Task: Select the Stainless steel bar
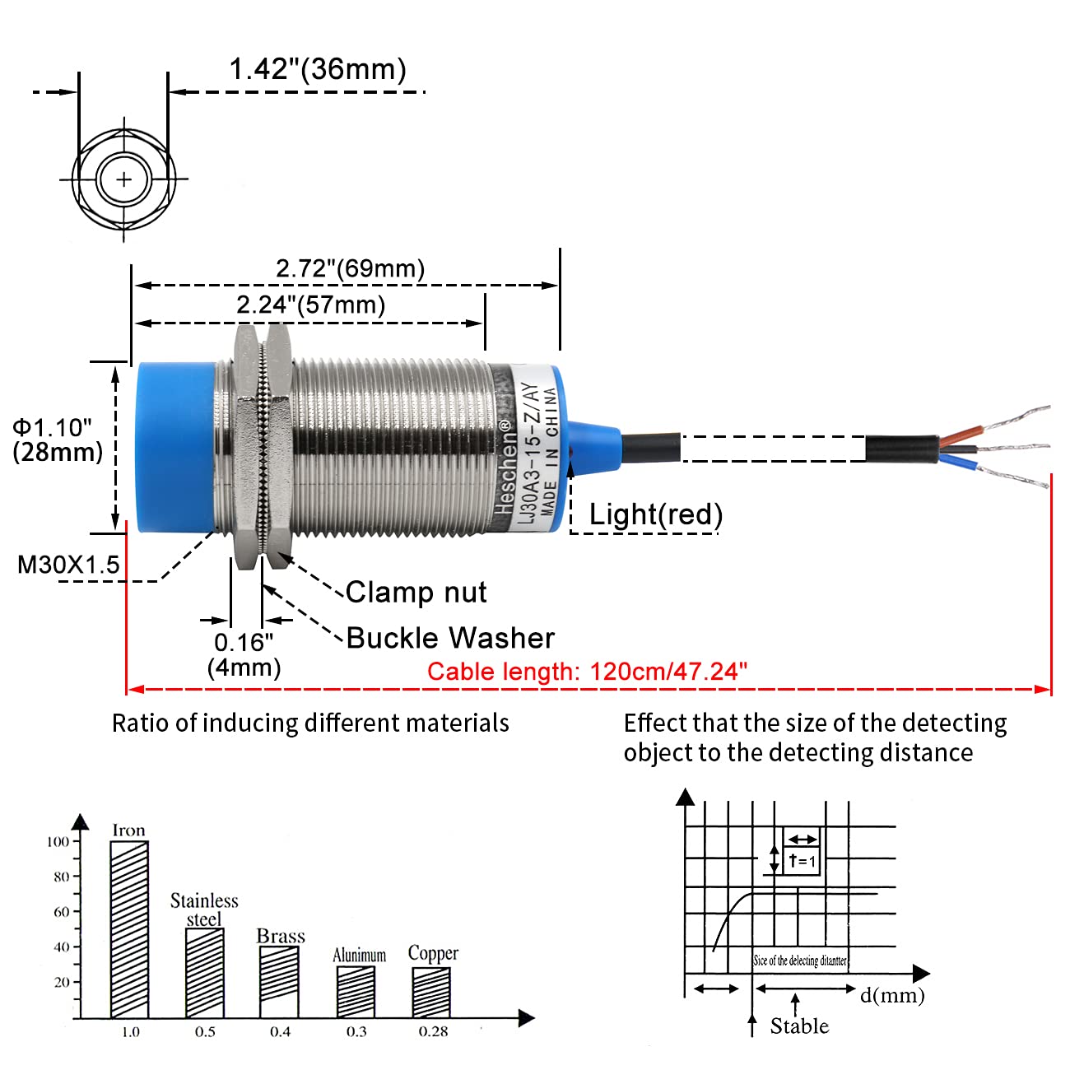coord(205,973)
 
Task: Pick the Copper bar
coord(431,993)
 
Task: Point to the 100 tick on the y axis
coord(58,841)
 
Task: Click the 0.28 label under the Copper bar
coord(433,1032)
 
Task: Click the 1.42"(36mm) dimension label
coord(317,69)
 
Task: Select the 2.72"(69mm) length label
coord(350,268)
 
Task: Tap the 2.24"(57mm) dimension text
coord(310,305)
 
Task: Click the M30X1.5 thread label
coord(68,565)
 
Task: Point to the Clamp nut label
coord(416,593)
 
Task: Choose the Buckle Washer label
coord(450,638)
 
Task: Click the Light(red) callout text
coord(655,514)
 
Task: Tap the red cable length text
coord(587,671)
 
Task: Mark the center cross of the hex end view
coord(123,179)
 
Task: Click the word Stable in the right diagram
coord(799,1026)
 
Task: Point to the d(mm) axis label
coord(892,996)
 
